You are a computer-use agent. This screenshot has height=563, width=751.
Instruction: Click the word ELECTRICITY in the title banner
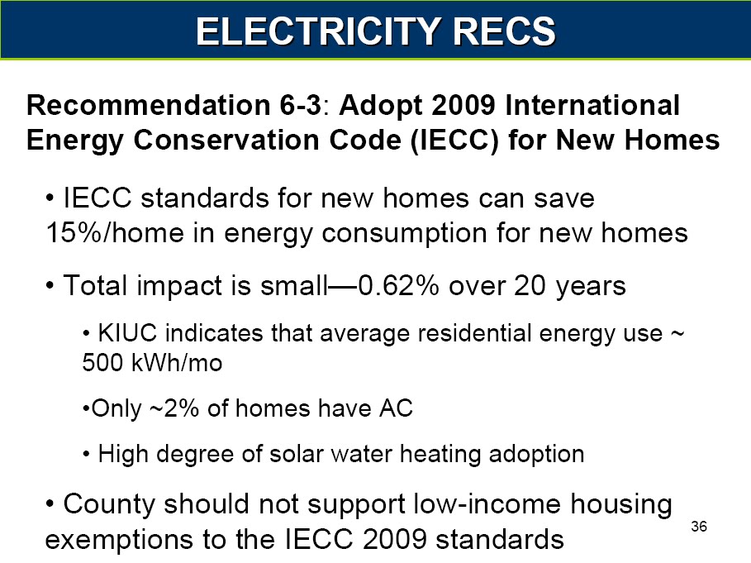(319, 31)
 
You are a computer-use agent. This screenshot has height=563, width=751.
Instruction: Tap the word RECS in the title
(504, 31)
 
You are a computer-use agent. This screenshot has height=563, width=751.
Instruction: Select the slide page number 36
(699, 526)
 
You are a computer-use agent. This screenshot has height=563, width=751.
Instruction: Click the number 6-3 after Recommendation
(300, 105)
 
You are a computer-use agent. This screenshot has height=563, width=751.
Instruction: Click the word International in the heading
(592, 105)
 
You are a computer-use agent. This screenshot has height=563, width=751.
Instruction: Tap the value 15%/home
(115, 233)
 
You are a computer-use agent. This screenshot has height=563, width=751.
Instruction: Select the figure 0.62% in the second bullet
(398, 285)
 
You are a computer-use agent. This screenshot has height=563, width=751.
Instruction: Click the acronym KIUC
(127, 333)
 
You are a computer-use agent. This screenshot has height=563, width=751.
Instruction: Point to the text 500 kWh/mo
(152, 363)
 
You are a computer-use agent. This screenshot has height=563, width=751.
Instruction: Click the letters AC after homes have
(396, 408)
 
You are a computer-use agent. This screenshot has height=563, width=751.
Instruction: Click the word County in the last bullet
(110, 504)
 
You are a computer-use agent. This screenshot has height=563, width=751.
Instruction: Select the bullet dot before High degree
(86, 454)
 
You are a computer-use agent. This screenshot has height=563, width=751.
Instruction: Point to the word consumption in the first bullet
(404, 234)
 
